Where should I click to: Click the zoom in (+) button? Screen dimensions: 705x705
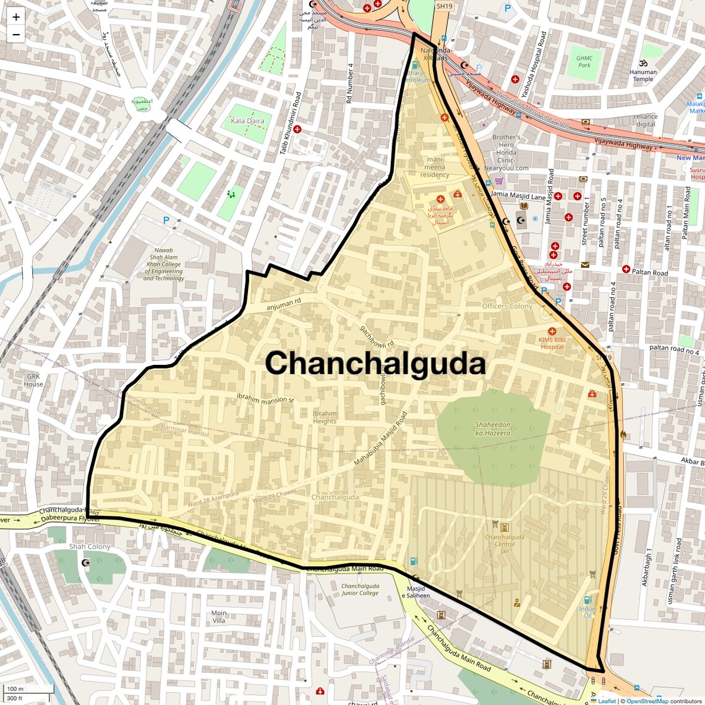pos(16,17)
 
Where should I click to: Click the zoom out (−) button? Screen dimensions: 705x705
pos(16,35)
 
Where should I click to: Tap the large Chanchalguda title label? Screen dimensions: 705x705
pos(375,364)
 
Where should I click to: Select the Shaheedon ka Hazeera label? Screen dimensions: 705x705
pos(493,429)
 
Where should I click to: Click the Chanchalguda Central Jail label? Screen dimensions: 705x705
pos(505,540)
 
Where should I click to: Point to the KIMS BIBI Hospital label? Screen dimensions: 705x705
pos(552,343)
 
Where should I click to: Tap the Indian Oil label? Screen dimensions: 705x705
pos(587,612)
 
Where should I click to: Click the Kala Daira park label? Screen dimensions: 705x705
pos(247,121)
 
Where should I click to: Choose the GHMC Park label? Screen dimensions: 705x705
pos(584,62)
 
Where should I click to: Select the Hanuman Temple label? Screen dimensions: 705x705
pos(643,75)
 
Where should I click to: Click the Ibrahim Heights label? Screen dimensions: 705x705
pos(325,417)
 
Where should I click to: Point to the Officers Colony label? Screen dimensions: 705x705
pos(507,306)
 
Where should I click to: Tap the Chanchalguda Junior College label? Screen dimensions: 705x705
pos(360,589)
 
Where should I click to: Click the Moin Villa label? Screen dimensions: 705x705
pos(219,617)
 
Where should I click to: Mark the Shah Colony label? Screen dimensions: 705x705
pos(90,547)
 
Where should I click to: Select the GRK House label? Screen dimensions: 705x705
pos(33,380)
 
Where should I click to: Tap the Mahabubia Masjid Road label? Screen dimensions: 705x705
pos(381,439)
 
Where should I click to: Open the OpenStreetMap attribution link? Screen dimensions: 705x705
pos(647,701)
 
